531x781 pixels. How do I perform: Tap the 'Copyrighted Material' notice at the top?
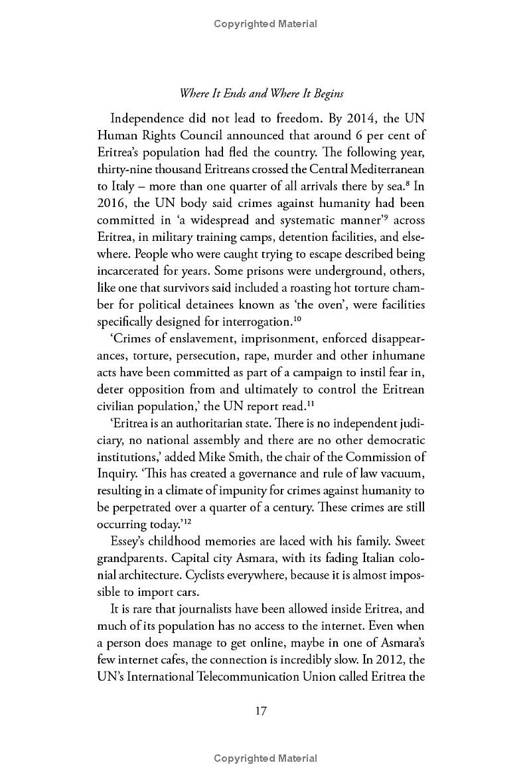(x=265, y=24)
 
